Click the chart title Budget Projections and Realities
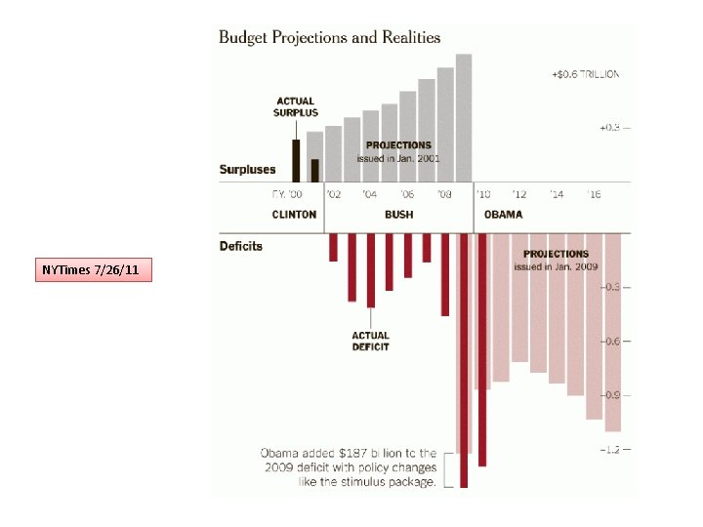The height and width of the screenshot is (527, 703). [x=329, y=38]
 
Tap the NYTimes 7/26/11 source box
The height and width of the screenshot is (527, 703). [x=94, y=269]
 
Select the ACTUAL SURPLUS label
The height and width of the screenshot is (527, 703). [x=296, y=106]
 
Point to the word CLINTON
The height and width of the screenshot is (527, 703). [x=294, y=215]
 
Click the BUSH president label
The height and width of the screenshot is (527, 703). [x=398, y=215]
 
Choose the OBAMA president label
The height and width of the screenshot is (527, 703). [x=503, y=215]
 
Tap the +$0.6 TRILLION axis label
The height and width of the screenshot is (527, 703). [x=585, y=74]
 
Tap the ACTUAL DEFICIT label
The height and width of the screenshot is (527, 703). [x=371, y=342]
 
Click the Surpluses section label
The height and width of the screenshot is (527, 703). [x=247, y=170]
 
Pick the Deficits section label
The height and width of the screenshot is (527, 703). [x=241, y=246]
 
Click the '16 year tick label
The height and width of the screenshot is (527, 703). [x=594, y=194]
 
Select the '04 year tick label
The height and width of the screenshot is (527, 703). [x=370, y=194]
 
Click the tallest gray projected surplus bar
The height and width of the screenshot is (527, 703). [x=464, y=117]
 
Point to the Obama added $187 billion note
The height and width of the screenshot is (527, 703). [x=349, y=467]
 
